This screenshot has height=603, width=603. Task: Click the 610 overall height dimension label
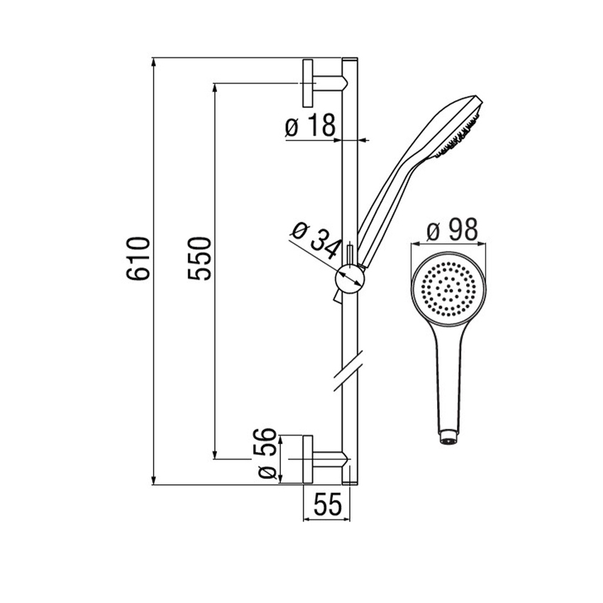[138, 258]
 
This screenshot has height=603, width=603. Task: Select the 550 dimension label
[199, 258]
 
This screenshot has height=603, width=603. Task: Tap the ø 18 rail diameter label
[310, 125]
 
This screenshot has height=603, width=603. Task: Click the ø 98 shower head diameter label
[453, 230]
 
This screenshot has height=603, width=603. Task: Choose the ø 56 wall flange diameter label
[267, 453]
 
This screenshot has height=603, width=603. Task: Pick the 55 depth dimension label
[328, 504]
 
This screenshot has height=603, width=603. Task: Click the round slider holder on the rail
[350, 280]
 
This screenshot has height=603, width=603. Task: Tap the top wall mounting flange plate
[308, 83]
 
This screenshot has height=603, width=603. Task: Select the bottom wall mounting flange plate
[308, 459]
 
